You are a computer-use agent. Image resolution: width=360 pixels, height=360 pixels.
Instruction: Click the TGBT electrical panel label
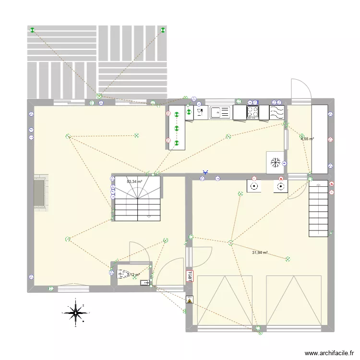[190, 276]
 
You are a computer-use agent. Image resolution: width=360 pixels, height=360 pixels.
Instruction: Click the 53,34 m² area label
[134, 181]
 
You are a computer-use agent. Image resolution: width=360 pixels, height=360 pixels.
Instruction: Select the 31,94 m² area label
[259, 252]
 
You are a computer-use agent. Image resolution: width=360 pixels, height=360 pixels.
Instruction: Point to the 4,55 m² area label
[307, 139]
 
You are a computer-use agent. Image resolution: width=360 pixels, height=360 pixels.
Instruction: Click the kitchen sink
[219, 112]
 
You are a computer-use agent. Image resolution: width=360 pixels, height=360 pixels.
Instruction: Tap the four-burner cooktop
[252, 112]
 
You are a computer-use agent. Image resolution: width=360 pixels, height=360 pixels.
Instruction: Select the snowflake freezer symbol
[275, 162]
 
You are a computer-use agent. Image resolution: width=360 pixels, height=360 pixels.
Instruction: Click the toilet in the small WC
[123, 275]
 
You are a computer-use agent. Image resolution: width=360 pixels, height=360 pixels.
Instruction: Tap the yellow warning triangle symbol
[190, 301]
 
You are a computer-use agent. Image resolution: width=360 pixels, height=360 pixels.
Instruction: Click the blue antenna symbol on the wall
[205, 172]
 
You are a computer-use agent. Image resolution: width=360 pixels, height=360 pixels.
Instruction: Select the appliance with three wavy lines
[277, 112]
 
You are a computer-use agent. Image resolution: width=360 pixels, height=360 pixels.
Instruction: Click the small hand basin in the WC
[144, 283]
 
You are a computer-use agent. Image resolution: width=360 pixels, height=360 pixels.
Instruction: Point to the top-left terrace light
[33, 31]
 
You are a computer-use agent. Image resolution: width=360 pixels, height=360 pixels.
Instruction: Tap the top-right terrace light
[163, 31]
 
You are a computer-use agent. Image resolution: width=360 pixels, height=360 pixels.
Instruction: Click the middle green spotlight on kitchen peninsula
[177, 129]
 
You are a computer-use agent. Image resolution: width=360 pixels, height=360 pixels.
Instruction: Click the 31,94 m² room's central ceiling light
[231, 243]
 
